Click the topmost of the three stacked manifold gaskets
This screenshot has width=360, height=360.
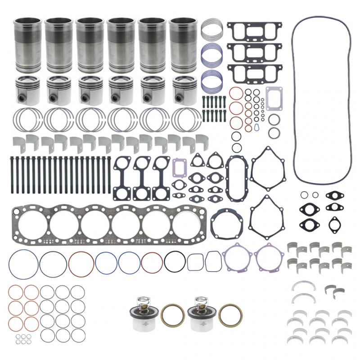click(254, 32)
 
